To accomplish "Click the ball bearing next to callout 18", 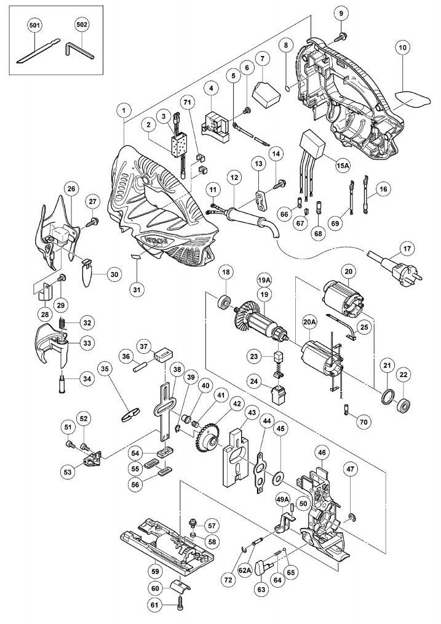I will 225,303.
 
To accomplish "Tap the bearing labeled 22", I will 405,406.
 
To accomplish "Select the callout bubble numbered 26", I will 71,188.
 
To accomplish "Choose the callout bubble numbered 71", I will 187,102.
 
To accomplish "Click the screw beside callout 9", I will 338,38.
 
